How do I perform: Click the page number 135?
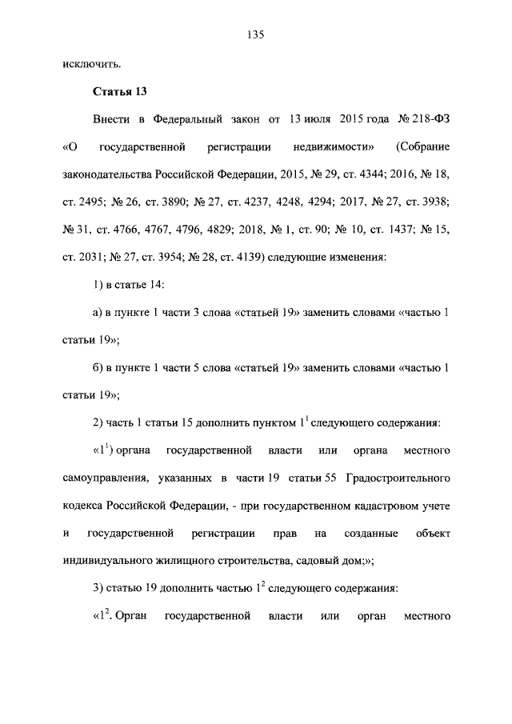click(256, 34)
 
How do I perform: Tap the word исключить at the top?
click(91, 62)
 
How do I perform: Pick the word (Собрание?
click(422, 148)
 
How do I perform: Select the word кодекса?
click(86, 506)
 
